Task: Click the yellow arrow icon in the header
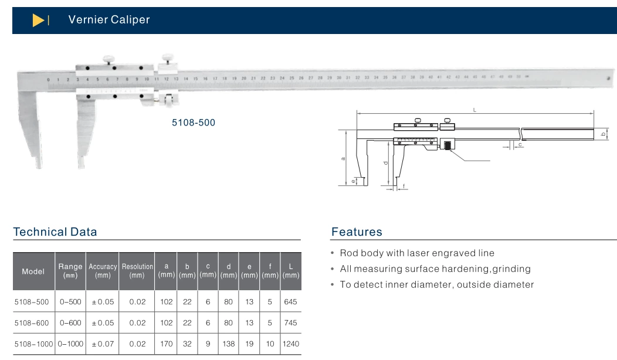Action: click(38, 21)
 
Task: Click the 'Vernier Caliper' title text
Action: click(109, 20)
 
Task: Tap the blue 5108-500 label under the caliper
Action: click(193, 123)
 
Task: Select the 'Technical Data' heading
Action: click(55, 232)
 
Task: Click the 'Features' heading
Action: click(357, 232)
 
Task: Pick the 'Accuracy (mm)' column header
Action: click(103, 270)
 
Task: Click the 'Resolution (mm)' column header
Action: click(137, 270)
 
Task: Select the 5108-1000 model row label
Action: click(33, 344)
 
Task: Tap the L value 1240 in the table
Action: click(290, 344)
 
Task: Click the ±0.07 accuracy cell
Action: click(103, 344)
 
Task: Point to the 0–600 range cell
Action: click(70, 323)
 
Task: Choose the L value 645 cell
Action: click(290, 302)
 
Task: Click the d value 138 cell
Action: click(229, 344)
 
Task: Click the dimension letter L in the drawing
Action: click(474, 110)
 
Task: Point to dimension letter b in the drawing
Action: click(603, 134)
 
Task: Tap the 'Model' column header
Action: click(33, 271)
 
